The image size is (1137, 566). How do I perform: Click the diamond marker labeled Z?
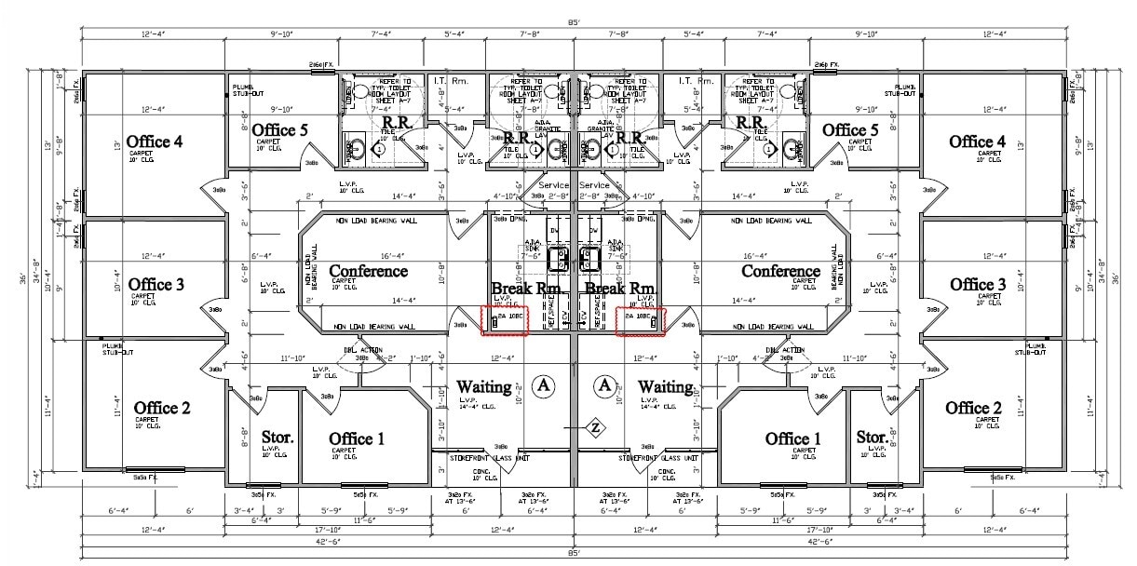click(x=594, y=427)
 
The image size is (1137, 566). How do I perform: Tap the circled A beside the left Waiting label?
click(x=543, y=384)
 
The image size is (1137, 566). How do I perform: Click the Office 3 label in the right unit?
click(x=977, y=284)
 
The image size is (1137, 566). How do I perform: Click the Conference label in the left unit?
click(x=368, y=271)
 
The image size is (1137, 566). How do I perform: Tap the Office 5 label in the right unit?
click(x=849, y=129)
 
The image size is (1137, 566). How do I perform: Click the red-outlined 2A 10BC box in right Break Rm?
click(x=641, y=319)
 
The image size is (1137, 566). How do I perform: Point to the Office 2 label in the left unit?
click(x=162, y=408)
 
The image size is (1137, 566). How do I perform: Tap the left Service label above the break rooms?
click(x=554, y=185)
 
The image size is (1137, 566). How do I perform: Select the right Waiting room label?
click(x=665, y=385)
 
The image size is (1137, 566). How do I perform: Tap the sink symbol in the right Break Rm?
click(x=588, y=258)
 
